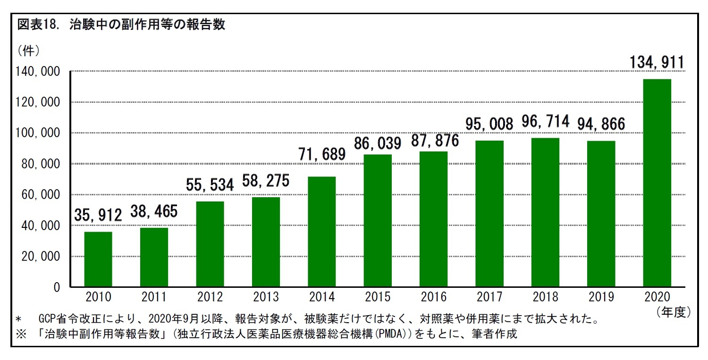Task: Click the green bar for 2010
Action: [98, 259]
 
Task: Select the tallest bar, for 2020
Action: [657, 183]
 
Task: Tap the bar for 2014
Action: [321, 232]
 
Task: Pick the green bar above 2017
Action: [489, 214]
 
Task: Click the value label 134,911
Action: [657, 62]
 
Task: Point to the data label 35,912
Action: [98, 215]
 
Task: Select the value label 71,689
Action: [322, 154]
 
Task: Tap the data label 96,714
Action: [545, 121]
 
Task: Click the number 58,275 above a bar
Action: [266, 181]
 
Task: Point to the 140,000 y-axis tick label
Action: [39, 72]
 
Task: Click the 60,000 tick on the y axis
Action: [42, 195]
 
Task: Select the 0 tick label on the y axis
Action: [57, 287]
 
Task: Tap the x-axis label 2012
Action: [210, 297]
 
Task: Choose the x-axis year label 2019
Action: [601, 297]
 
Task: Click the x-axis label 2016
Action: [433, 297]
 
